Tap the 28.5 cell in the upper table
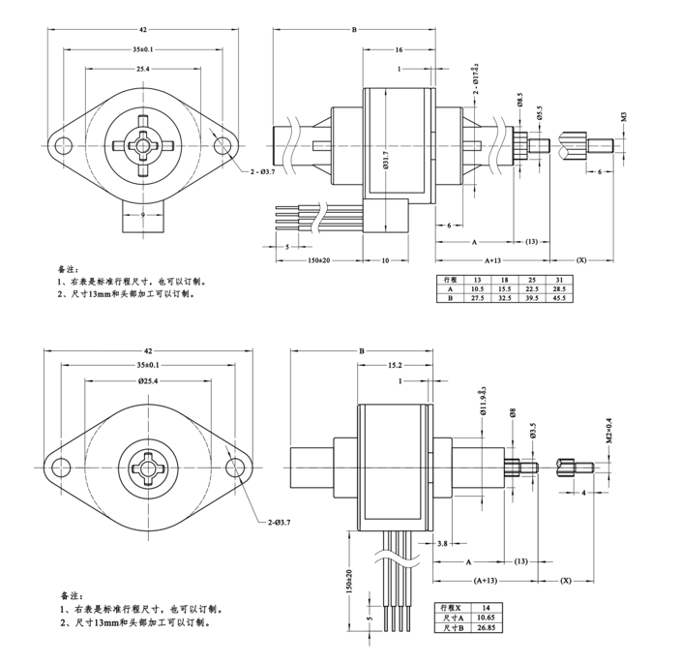(559, 288)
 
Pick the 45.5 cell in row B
(559, 299)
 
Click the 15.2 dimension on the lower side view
(395, 367)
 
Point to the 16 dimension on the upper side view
(399, 49)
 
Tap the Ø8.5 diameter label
(519, 101)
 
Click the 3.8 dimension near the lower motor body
(441, 544)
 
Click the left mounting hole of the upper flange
(65, 146)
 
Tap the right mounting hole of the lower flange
(235, 468)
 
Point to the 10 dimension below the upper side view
(384, 260)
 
